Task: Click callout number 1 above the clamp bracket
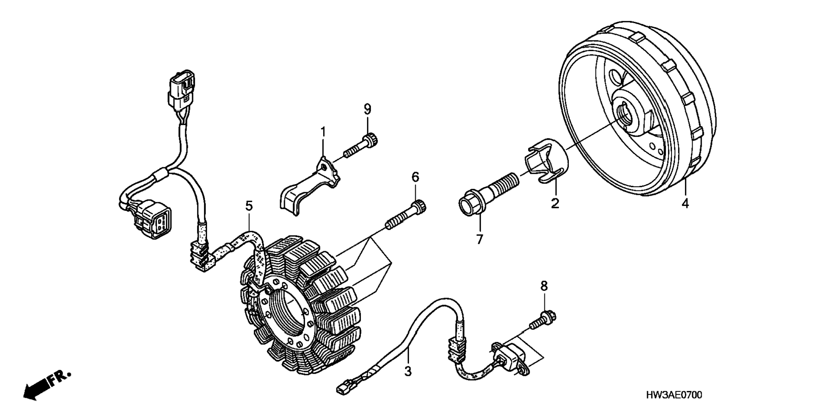point(323,132)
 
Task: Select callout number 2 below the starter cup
point(555,203)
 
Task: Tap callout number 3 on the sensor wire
point(408,371)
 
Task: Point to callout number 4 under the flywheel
point(685,203)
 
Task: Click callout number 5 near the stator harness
point(249,206)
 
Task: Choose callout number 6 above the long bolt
point(415,177)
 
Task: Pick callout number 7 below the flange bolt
point(480,239)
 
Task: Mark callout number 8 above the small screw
point(544,286)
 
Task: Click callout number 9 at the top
point(367,109)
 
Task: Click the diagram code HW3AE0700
point(674,395)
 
